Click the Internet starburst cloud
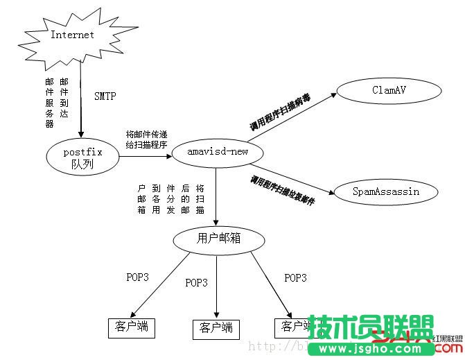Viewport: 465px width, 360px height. tap(72, 35)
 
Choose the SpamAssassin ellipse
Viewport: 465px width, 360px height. tap(385, 191)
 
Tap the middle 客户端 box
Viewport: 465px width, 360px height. tap(216, 327)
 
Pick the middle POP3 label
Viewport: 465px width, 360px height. tap(196, 282)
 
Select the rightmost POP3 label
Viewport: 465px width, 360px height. tap(295, 277)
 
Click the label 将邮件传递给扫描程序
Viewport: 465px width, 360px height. tap(146, 139)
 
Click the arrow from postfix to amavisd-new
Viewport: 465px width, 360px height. tap(144, 157)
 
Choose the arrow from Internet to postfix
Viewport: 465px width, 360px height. tap(81, 97)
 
